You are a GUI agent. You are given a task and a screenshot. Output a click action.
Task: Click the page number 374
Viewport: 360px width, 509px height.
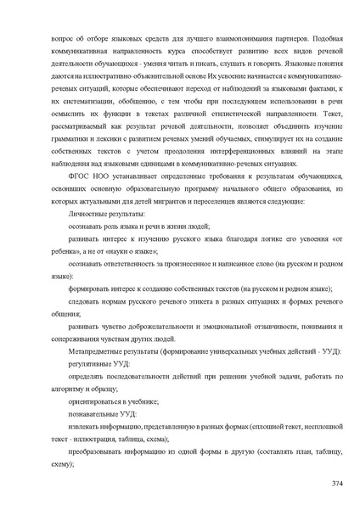[x=337, y=482]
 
